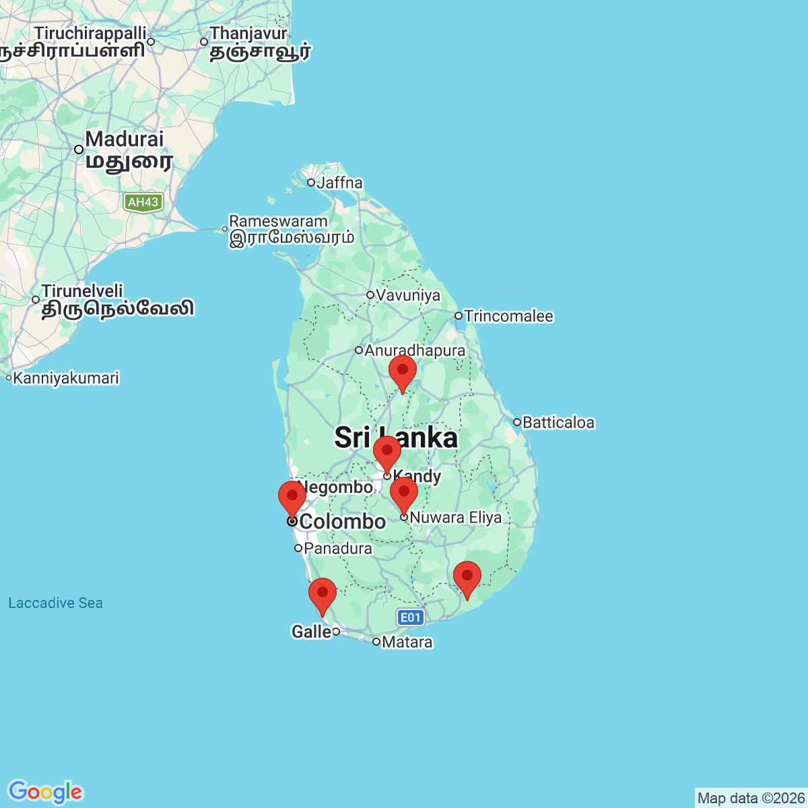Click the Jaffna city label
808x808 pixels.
coord(339,182)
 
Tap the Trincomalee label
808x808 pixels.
coord(508,316)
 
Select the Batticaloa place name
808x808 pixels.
coord(558,422)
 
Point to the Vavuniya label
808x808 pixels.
coord(408,295)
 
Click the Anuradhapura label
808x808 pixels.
coord(415,350)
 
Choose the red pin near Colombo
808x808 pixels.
coord(292,498)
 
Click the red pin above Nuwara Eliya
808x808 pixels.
coord(404,494)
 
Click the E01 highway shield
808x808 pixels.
coord(410,617)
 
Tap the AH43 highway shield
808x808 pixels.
coord(143,202)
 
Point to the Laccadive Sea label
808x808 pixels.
coord(55,603)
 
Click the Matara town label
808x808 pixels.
coord(407,642)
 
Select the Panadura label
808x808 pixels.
coord(338,548)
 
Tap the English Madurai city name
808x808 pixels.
coord(125,139)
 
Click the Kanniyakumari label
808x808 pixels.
coord(66,378)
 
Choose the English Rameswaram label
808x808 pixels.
coord(278,221)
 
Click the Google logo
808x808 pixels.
coord(45,792)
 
